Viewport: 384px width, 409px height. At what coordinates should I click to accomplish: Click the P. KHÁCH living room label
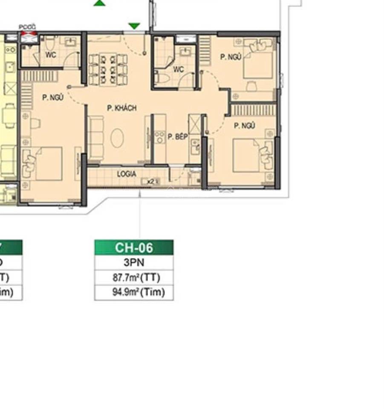(121, 108)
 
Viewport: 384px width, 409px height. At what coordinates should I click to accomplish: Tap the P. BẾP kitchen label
(177, 137)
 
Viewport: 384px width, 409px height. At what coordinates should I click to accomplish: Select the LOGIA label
(127, 174)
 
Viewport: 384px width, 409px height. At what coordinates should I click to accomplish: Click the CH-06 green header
(134, 248)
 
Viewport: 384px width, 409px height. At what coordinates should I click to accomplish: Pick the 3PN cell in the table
(134, 262)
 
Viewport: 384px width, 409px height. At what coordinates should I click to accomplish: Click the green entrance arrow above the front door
(134, 26)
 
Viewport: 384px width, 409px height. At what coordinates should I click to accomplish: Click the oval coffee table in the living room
(117, 138)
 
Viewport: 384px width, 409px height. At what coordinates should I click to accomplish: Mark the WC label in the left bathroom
(51, 55)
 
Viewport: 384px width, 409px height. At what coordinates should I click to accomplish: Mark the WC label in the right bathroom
(178, 69)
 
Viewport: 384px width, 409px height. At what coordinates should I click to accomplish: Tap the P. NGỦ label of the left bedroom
(53, 98)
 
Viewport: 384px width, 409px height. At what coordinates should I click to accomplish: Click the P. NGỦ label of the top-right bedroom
(231, 57)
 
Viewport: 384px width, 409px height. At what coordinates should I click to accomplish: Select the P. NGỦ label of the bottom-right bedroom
(244, 126)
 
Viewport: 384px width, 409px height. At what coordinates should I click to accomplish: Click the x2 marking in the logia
(150, 181)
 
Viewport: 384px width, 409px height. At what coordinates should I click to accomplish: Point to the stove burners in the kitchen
(159, 137)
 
